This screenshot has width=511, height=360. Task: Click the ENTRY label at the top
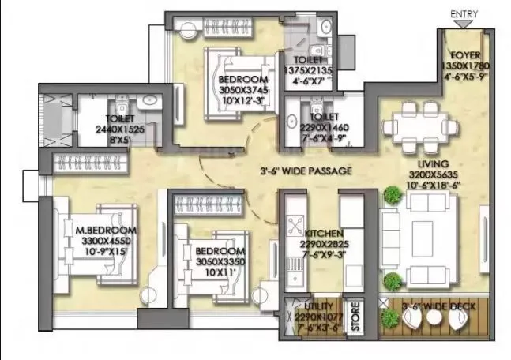tap(463, 14)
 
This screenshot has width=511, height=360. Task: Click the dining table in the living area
tap(419, 127)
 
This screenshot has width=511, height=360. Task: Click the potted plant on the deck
tap(389, 317)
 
